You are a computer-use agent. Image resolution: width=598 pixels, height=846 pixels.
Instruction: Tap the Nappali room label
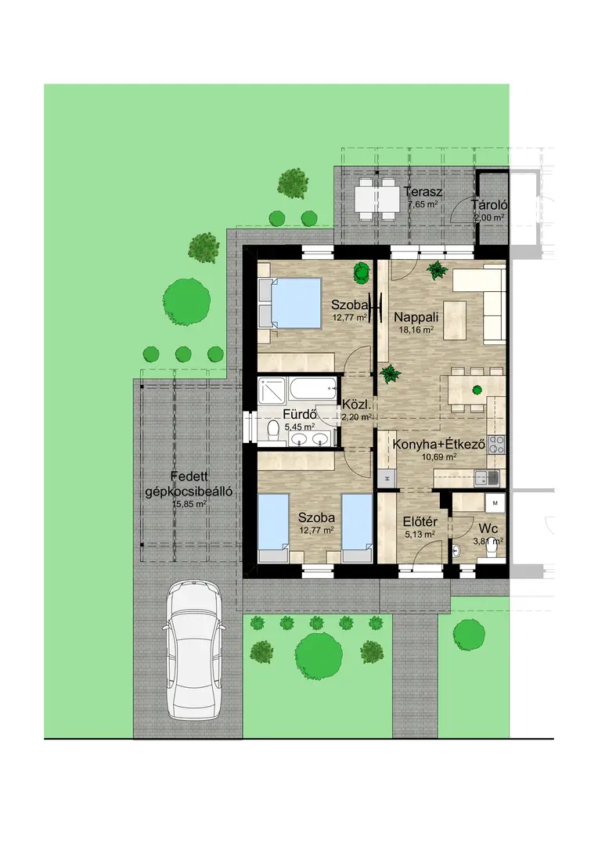pyautogui.click(x=416, y=317)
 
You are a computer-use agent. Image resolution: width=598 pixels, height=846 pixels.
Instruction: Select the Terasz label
pyautogui.click(x=423, y=192)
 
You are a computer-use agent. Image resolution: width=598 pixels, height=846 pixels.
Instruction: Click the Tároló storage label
pyautogui.click(x=488, y=205)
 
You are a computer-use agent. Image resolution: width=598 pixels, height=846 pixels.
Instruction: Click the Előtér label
pyautogui.click(x=420, y=522)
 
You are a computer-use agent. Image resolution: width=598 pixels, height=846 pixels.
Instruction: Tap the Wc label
pyautogui.click(x=488, y=529)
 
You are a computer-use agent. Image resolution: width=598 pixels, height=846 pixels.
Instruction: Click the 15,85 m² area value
pyautogui.click(x=189, y=505)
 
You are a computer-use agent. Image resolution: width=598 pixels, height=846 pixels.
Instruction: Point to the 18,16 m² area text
pyautogui.click(x=416, y=329)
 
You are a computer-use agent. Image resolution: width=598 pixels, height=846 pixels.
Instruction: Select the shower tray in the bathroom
pyautogui.click(x=273, y=391)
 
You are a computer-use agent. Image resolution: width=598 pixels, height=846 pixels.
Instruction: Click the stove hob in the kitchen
pyautogui.click(x=496, y=444)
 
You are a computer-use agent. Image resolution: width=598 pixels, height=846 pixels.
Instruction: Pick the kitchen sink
pyautogui.click(x=487, y=477)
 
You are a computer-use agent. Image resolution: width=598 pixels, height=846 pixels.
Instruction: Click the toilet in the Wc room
pyautogui.click(x=491, y=549)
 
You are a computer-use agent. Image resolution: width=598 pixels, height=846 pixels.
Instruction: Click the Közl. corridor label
pyautogui.click(x=355, y=405)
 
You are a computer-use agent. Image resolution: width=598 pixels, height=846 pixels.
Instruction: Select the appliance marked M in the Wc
pyautogui.click(x=495, y=503)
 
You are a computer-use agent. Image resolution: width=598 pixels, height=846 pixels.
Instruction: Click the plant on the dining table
pyautogui.click(x=477, y=390)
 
